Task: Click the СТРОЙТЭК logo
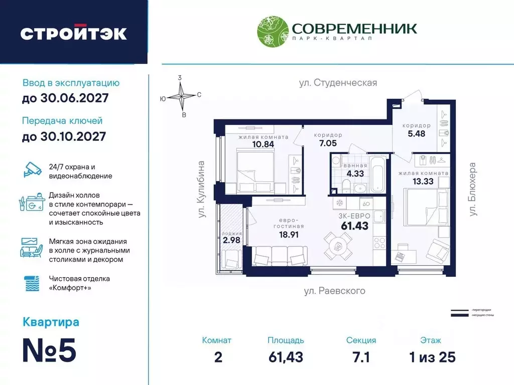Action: point(73,34)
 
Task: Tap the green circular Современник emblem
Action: point(272,33)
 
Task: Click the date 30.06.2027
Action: point(65,98)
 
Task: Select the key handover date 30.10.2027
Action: point(64,136)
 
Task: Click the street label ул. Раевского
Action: point(335,291)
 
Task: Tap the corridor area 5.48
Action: point(417,134)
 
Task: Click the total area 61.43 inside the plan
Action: point(354,226)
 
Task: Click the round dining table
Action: point(340,246)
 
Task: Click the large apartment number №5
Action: point(50,350)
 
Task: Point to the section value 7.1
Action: point(360,357)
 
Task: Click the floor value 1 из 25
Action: point(431,357)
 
